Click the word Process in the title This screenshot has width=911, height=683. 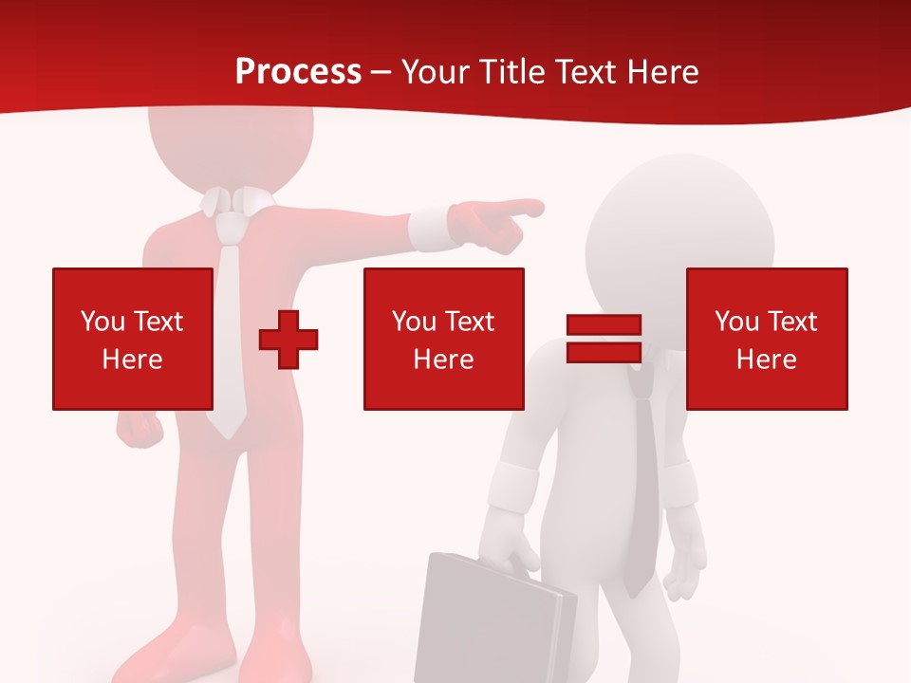pyautogui.click(x=298, y=72)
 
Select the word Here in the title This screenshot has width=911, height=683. pyautogui.click(x=662, y=72)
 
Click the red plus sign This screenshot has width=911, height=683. pyautogui.click(x=288, y=339)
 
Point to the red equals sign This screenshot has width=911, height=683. pyautogui.click(x=604, y=339)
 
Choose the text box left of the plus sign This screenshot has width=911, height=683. pyautogui.click(x=132, y=339)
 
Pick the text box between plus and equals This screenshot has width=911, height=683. pyautogui.click(x=443, y=339)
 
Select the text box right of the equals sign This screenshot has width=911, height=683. pyautogui.click(x=766, y=339)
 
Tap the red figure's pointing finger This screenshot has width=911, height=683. pyautogui.click(x=526, y=207)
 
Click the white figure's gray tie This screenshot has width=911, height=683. pyautogui.click(x=643, y=484)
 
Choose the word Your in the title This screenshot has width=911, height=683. pyautogui.click(x=437, y=72)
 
